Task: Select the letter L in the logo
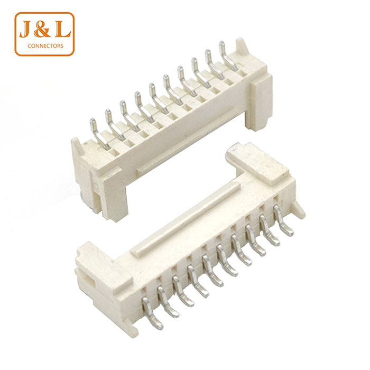coord(62,31)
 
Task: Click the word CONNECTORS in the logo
coord(45,46)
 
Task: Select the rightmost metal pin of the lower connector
coord(283,220)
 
